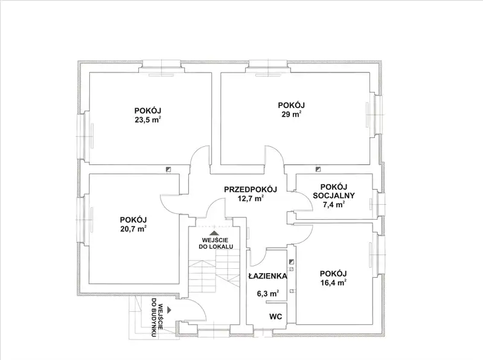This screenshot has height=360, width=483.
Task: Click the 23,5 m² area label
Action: click(148, 120)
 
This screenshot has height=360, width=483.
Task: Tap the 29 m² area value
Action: click(291, 114)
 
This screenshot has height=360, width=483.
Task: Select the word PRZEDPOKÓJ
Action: click(251, 189)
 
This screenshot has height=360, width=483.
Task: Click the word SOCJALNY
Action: click(334, 196)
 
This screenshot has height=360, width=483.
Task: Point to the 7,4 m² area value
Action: click(334, 204)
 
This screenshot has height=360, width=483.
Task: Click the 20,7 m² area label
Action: click(133, 229)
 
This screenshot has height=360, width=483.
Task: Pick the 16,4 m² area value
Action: click(333, 282)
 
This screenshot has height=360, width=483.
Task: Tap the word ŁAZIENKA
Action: click(267, 276)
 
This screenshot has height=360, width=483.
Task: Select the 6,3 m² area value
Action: click(268, 294)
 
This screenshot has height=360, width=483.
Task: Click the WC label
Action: click(276, 317)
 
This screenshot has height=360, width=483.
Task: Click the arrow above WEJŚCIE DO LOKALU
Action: click(214, 233)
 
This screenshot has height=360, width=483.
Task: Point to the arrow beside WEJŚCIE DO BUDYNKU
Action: click(169, 309)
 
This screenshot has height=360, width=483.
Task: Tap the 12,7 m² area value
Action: click(251, 198)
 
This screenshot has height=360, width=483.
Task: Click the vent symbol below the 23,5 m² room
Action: click(168, 169)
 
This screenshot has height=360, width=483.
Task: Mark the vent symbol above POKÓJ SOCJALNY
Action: click(318, 169)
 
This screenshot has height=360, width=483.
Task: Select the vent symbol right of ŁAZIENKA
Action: click(292, 262)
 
